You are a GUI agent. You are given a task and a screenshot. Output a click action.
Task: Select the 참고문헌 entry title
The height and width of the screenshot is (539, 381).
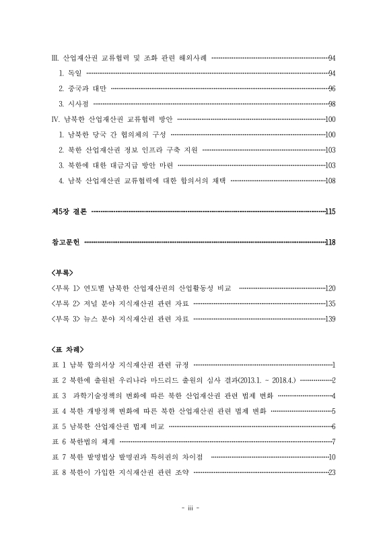[66, 242]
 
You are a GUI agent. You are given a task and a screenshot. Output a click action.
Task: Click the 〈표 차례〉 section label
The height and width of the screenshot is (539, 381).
[67, 350]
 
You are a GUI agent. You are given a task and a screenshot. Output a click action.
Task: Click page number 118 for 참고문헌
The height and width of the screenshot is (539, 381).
[330, 242]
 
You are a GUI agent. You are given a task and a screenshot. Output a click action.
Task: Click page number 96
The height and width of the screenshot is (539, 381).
[332, 88]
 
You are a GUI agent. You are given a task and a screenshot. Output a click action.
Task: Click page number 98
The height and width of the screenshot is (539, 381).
[332, 104]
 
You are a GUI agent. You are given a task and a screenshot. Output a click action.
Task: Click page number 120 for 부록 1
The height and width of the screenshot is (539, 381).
[330, 288]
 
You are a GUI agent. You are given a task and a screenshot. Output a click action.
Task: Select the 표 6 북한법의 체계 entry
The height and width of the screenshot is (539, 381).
[83, 441]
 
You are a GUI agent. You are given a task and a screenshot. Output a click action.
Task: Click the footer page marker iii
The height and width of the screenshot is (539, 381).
[190, 509]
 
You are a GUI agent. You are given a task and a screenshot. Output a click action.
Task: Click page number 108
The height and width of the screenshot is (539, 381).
[330, 181]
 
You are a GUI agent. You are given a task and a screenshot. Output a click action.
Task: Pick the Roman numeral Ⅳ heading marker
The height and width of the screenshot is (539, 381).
[55, 119]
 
